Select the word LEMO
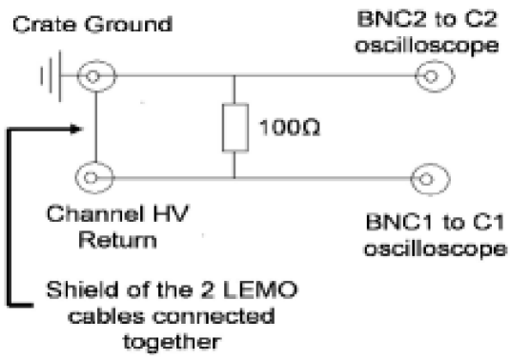[x=220, y=285]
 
